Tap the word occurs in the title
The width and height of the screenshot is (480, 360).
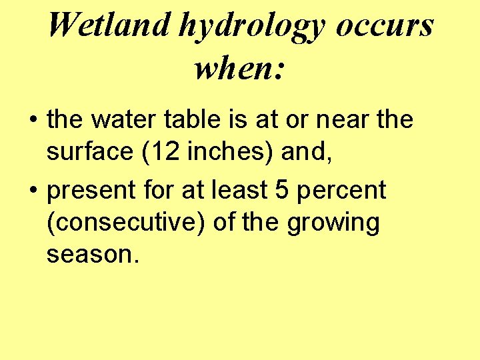click(385, 25)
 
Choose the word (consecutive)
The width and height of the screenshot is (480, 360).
click(126, 223)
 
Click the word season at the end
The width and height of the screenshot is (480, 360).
click(89, 255)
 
